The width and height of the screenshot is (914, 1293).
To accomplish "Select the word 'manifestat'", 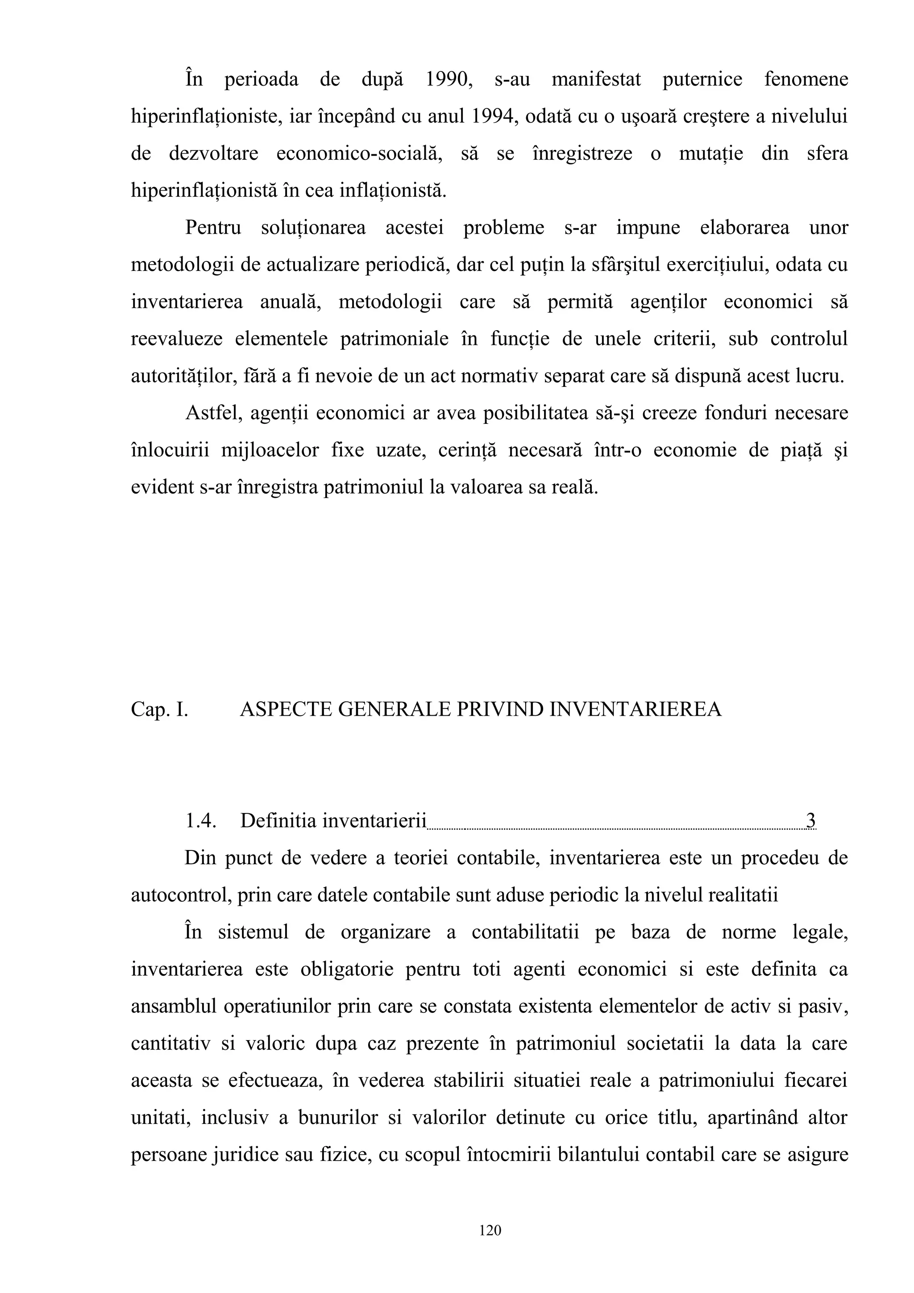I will pyautogui.click(x=596, y=79).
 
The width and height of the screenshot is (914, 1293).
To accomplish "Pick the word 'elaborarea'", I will pyautogui.click(x=744, y=228).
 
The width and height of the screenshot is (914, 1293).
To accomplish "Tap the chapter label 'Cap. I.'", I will pyautogui.click(x=159, y=709).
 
